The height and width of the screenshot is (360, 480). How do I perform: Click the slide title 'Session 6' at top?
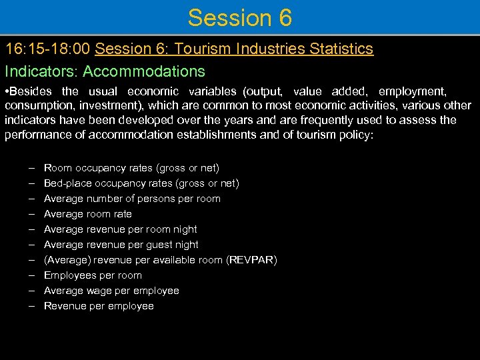point(240,18)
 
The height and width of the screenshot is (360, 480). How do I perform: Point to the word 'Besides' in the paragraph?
point(33,91)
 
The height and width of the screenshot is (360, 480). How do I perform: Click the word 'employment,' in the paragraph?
point(413,91)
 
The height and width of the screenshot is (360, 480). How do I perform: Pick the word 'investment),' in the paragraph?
point(111,105)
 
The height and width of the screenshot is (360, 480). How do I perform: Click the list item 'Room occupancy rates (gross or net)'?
point(131,168)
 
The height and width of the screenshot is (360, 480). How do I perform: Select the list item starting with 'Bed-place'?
point(141,183)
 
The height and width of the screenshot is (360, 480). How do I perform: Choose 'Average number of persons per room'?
point(132,199)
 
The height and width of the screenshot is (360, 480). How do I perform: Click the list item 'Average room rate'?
point(88,214)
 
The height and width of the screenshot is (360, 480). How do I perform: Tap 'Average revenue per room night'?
point(121,229)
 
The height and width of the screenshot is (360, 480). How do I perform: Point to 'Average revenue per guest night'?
point(121,245)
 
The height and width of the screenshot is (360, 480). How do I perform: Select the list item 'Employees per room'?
point(93,275)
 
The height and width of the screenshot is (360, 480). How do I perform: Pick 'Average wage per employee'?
point(111,291)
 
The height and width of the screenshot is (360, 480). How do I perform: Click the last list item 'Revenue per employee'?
point(99,306)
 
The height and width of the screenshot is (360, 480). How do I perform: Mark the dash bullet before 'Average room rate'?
point(31,214)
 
